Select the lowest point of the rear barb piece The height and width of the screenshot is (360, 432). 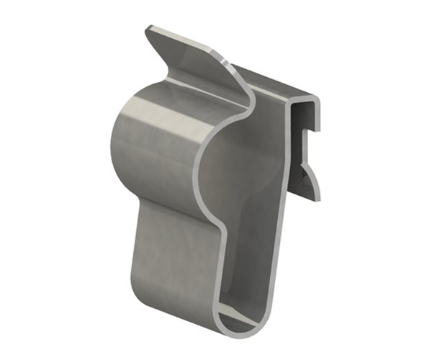click(x=318, y=198)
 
